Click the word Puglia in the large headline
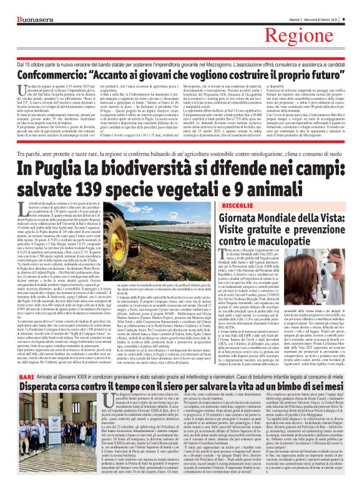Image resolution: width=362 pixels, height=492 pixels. point(76,153)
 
